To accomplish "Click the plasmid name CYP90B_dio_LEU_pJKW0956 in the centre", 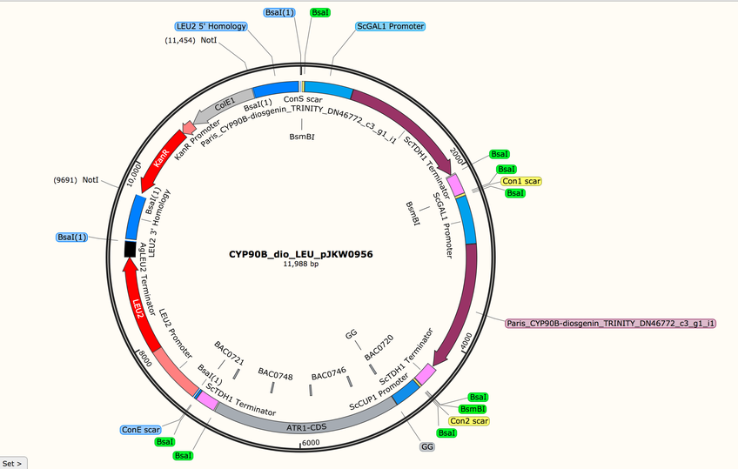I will (x=300, y=255).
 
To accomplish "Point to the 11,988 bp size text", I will (x=300, y=264).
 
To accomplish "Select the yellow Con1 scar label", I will (x=521, y=182).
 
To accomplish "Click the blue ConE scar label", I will (x=140, y=430).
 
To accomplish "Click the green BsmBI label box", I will (x=473, y=409).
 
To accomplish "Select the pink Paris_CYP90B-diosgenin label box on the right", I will (x=609, y=323).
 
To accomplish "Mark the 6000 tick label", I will (x=311, y=443).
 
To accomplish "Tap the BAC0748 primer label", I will (x=275, y=372).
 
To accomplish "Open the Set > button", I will (x=14, y=462).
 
